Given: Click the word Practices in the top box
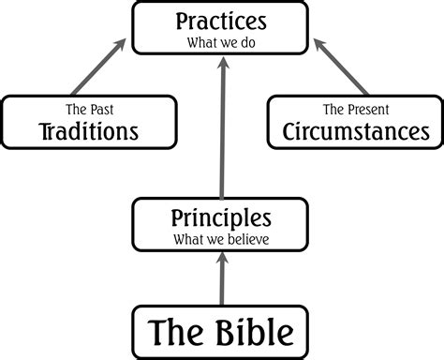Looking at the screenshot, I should coord(222,21).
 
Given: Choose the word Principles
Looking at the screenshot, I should coord(222,218).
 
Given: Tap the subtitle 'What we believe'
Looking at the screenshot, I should coord(222,239).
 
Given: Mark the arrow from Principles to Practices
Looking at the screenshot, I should coord(222,131).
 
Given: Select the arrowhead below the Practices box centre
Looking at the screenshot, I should coord(222,63).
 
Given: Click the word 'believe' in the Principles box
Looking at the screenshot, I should coord(252,239).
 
